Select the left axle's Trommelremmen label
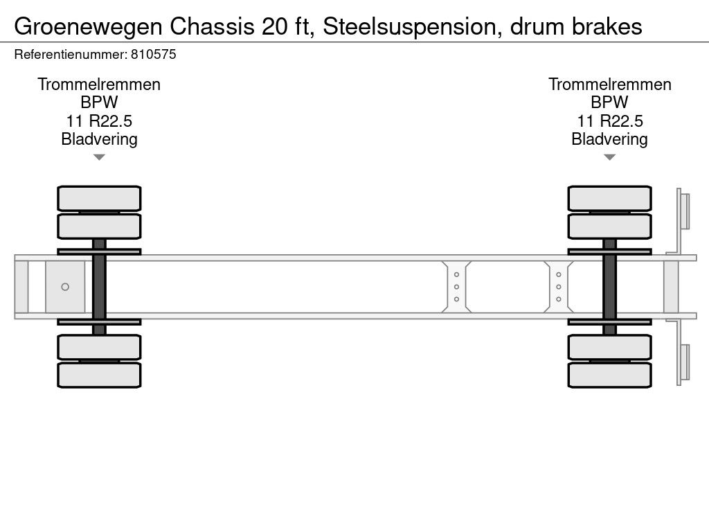coord(99,85)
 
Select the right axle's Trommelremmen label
coord(609,85)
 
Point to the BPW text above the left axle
coord(99,103)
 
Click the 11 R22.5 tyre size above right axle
coord(609,121)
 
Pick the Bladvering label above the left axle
coord(99,139)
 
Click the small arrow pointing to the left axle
coord(99,157)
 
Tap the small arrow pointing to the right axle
coord(609,157)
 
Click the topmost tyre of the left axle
coord(99,198)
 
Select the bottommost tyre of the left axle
coord(99,375)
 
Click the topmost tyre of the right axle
coord(609,198)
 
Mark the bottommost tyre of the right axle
coord(609,375)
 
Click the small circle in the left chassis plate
coord(65,287)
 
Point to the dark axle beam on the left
coord(99,287)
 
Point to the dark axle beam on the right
coord(609,287)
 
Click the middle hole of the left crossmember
coord(456,287)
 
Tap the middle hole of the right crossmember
coord(558,287)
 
